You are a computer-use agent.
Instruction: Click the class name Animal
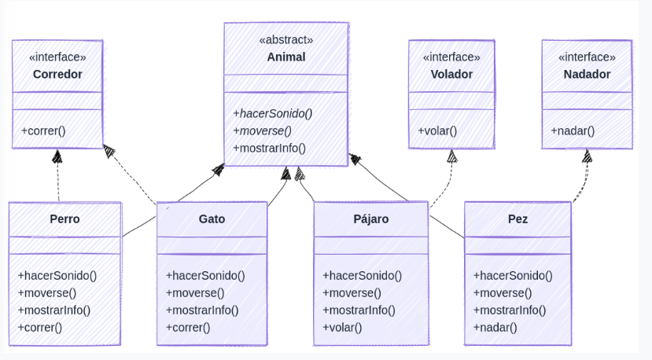(x=285, y=57)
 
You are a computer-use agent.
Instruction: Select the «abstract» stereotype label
(x=285, y=39)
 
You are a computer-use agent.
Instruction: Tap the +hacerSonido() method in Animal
(x=272, y=112)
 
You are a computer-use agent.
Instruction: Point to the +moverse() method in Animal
(x=262, y=130)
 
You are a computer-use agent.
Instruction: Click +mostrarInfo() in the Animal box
(x=269, y=147)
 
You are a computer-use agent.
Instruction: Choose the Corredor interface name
(x=57, y=74)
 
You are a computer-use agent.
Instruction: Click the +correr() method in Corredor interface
(x=43, y=130)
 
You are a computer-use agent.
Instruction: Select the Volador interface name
(x=451, y=74)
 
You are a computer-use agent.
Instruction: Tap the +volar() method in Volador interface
(x=437, y=130)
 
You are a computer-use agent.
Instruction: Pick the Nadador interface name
(x=587, y=74)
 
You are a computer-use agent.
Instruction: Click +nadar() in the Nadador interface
(x=573, y=130)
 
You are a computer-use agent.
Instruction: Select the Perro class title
(x=64, y=219)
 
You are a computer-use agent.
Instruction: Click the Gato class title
(x=212, y=219)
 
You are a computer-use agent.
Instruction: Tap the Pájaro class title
(x=371, y=219)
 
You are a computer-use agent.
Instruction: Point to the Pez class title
(x=518, y=219)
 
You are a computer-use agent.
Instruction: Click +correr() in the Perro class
(x=39, y=326)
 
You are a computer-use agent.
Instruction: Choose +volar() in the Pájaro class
(x=342, y=326)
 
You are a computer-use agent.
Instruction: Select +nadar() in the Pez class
(x=495, y=326)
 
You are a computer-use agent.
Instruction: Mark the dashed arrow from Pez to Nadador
(x=584, y=179)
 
